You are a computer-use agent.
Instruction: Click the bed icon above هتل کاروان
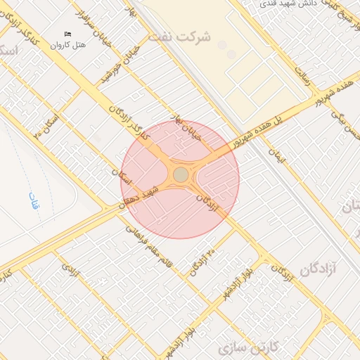pos(68,34)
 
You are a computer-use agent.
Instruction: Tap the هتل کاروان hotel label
pos(69,44)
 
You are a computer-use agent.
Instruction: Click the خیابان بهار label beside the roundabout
pos(188,128)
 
